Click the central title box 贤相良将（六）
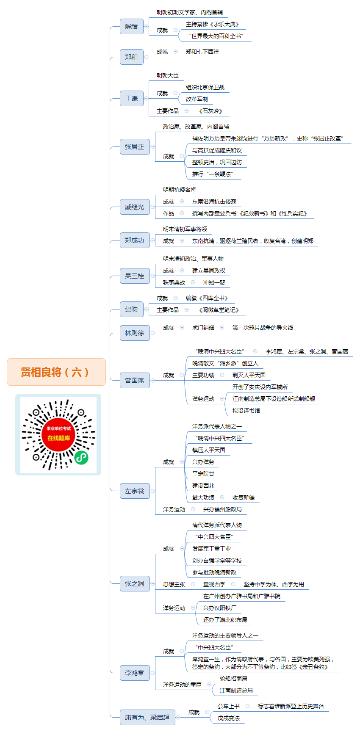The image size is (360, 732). pyautogui.click(x=56, y=372)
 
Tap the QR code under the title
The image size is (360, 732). pyautogui.click(x=58, y=435)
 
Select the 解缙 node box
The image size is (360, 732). pyautogui.click(x=132, y=27)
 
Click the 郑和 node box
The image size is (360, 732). pyautogui.click(x=132, y=57)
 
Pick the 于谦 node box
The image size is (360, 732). pyautogui.click(x=132, y=99)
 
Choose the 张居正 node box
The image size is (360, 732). pyautogui.click(x=135, y=147)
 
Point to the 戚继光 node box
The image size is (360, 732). pyautogui.click(x=135, y=207)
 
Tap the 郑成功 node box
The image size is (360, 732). pyautogui.click(x=135, y=240)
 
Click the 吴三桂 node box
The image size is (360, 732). pyautogui.click(x=135, y=276)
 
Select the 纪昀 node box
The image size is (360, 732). pyautogui.click(x=132, y=309)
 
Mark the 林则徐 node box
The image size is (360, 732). pyautogui.click(x=135, y=333)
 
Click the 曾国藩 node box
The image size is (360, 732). pyautogui.click(x=135, y=381)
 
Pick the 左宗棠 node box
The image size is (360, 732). pyautogui.click(x=135, y=491)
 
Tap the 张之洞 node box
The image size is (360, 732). pyautogui.click(x=135, y=584)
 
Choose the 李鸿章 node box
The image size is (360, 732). pyautogui.click(x=135, y=673)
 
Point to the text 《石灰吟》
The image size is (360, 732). pyautogui.click(x=210, y=111)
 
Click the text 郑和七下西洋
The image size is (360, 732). pyautogui.click(x=202, y=52)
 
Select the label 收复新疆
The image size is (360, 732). pyautogui.click(x=244, y=497)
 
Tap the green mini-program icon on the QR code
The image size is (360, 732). pyautogui.click(x=81, y=458)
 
